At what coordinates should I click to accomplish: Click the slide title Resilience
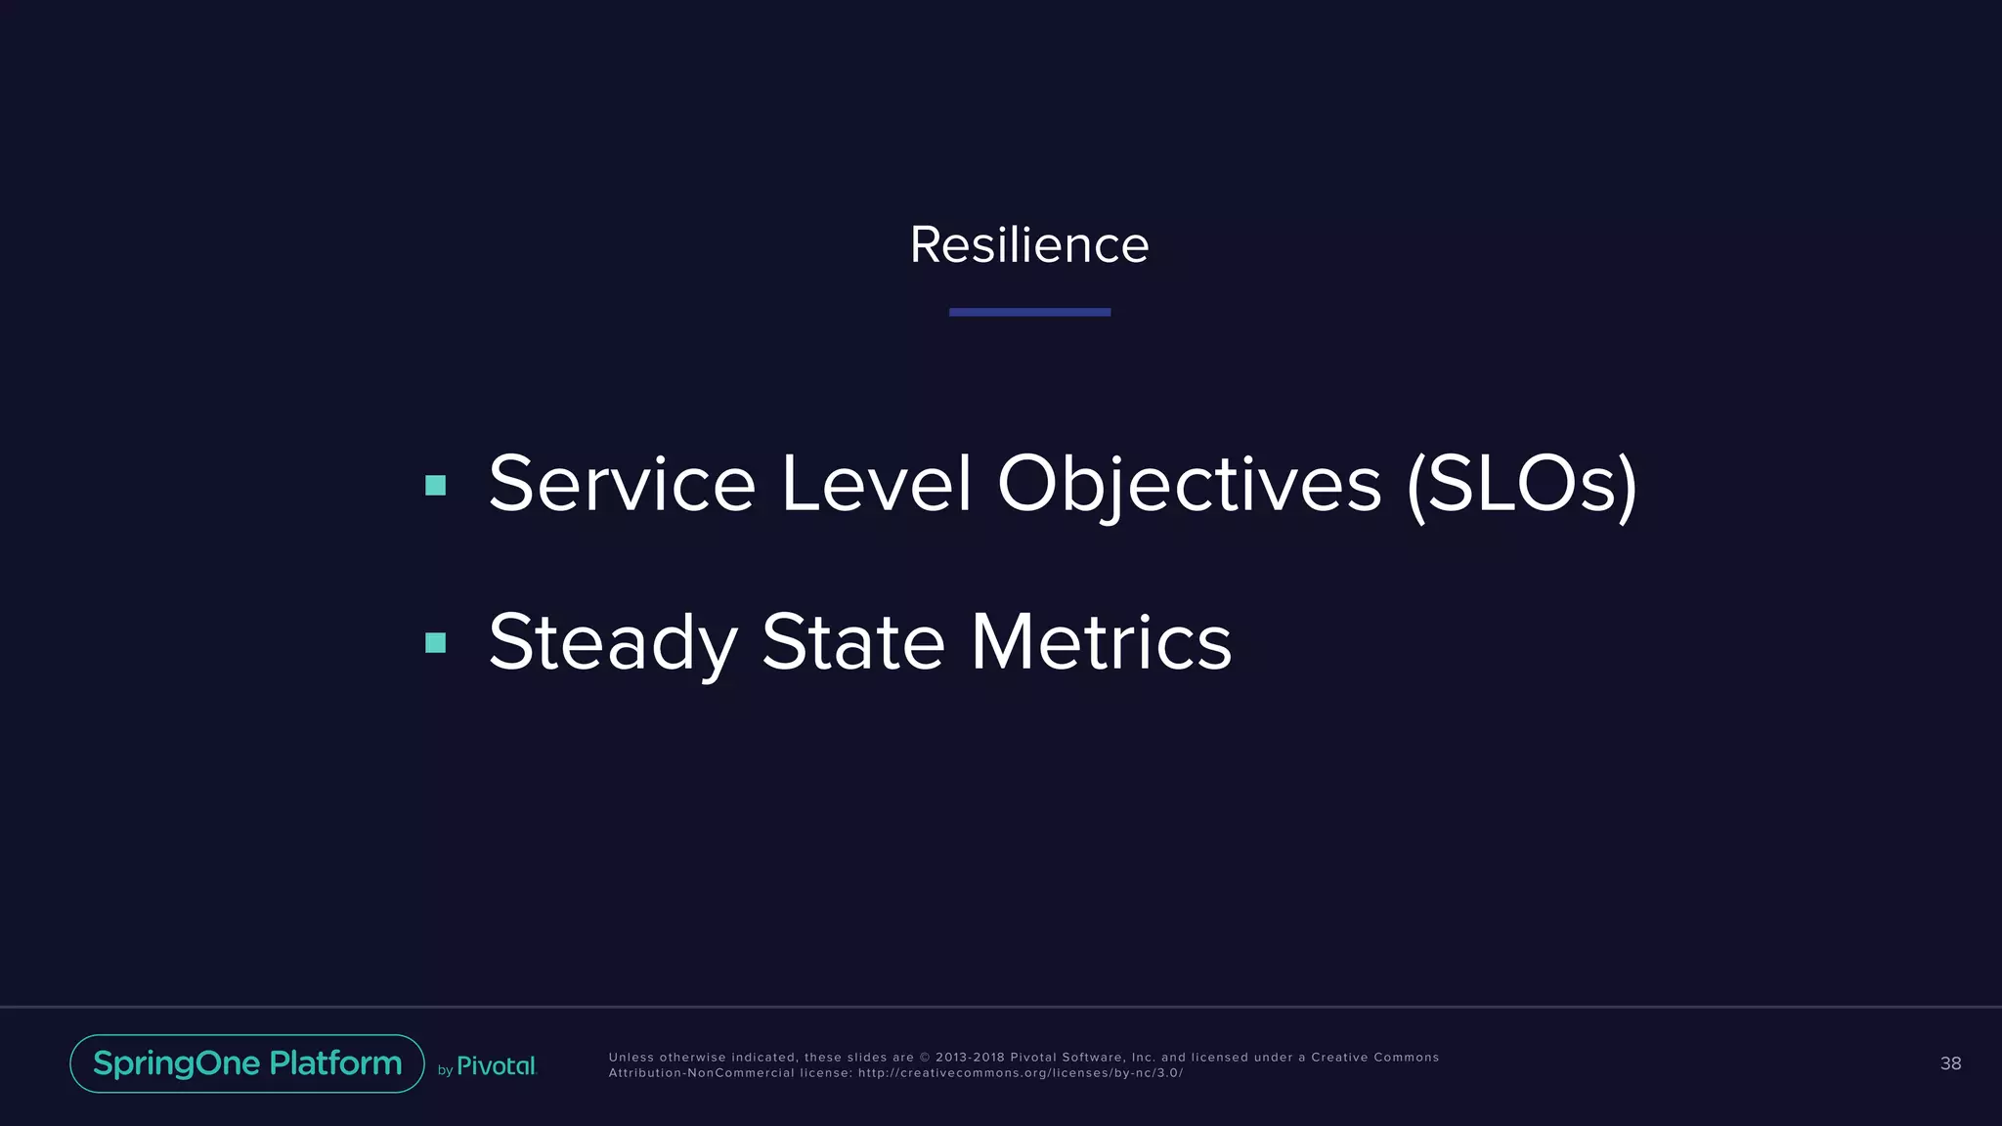(1028, 244)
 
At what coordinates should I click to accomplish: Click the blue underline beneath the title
(1029, 312)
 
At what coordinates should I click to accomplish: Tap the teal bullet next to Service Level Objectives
(436, 485)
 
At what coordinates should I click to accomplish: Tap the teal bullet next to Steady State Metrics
(436, 642)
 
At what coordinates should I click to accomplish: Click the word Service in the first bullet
(622, 484)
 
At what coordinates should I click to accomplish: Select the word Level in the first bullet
(876, 484)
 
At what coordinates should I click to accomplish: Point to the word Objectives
(1189, 484)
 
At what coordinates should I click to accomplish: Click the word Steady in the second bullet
(612, 642)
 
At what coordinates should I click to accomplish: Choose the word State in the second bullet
(853, 642)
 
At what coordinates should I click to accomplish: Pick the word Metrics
(1101, 642)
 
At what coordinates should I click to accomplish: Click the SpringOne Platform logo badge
(247, 1063)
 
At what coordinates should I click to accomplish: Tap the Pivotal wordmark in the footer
(497, 1066)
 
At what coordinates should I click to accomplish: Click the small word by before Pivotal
(445, 1070)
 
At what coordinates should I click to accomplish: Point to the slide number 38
(1950, 1063)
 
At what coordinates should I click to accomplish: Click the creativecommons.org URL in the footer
(1020, 1073)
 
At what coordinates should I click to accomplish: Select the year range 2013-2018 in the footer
(970, 1058)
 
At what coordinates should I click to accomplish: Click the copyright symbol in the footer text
(925, 1058)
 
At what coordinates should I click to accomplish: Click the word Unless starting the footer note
(631, 1058)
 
